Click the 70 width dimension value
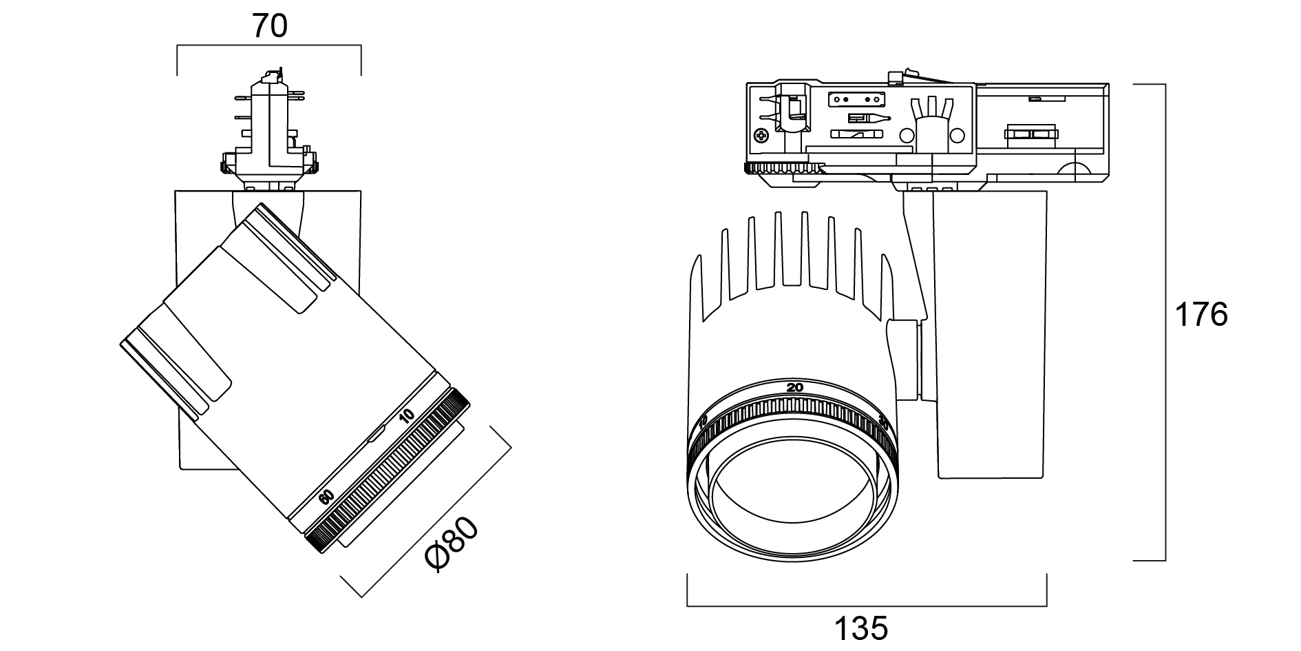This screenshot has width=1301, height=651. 269,26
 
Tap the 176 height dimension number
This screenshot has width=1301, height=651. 1200,315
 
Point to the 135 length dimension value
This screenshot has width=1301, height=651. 861,628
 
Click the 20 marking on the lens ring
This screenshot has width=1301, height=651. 795,387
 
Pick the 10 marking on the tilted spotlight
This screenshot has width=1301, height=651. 407,415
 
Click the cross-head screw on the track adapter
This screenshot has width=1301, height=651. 762,136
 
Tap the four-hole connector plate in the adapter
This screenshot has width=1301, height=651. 856,99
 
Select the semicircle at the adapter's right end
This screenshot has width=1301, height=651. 1074,172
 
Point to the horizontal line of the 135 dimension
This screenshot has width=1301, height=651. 867,606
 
